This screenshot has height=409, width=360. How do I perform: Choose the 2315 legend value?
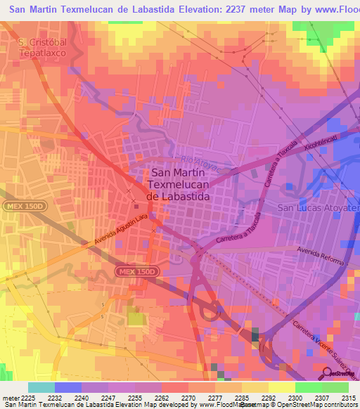click(x=347, y=397)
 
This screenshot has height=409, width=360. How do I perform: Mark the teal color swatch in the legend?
click(x=41, y=387)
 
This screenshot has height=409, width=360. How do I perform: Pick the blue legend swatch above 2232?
click(x=67, y=387)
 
